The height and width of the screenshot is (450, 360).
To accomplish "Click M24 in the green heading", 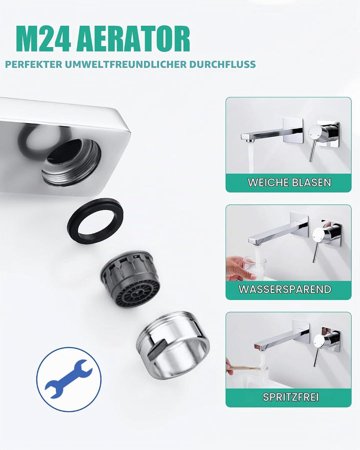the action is [43, 38].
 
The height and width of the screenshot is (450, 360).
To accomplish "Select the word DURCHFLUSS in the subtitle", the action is [222, 64].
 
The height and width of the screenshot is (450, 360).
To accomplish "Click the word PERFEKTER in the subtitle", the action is [33, 64].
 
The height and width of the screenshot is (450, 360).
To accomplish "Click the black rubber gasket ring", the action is [95, 220].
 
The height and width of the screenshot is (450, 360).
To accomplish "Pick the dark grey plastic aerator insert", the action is [130, 278].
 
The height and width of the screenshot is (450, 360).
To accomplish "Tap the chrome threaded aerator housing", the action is [173, 344].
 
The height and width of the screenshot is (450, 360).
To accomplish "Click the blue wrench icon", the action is [68, 379].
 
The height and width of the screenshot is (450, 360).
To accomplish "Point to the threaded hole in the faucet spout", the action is [71, 161].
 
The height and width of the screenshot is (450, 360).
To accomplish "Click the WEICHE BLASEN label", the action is [289, 182].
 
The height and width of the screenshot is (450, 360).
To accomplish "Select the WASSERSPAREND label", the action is [285, 289].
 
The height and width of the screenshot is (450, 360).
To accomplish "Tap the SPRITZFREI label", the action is [290, 397].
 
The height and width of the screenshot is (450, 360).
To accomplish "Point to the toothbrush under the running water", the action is [246, 368].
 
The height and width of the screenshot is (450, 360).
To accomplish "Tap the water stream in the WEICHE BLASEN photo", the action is [251, 157].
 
